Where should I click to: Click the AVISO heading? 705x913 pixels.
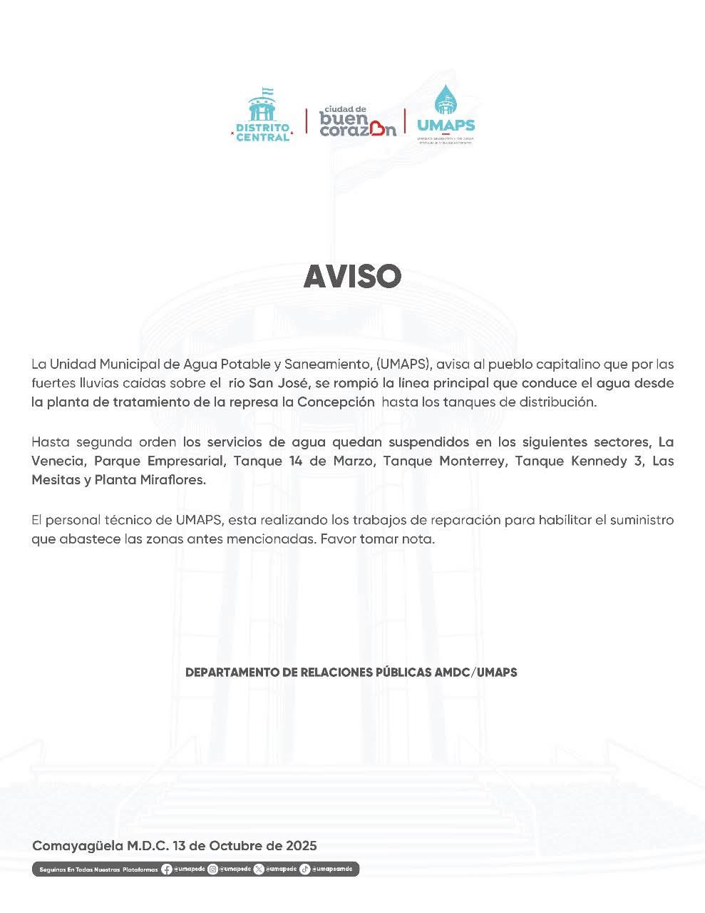point(352,277)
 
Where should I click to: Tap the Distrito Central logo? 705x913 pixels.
point(263,115)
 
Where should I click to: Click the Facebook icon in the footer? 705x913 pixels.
point(167,869)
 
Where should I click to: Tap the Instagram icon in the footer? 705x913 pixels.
point(212,869)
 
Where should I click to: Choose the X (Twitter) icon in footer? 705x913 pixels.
point(258,869)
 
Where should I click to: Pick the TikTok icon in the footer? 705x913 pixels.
point(304,869)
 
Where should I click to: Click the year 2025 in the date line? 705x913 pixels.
point(301,846)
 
